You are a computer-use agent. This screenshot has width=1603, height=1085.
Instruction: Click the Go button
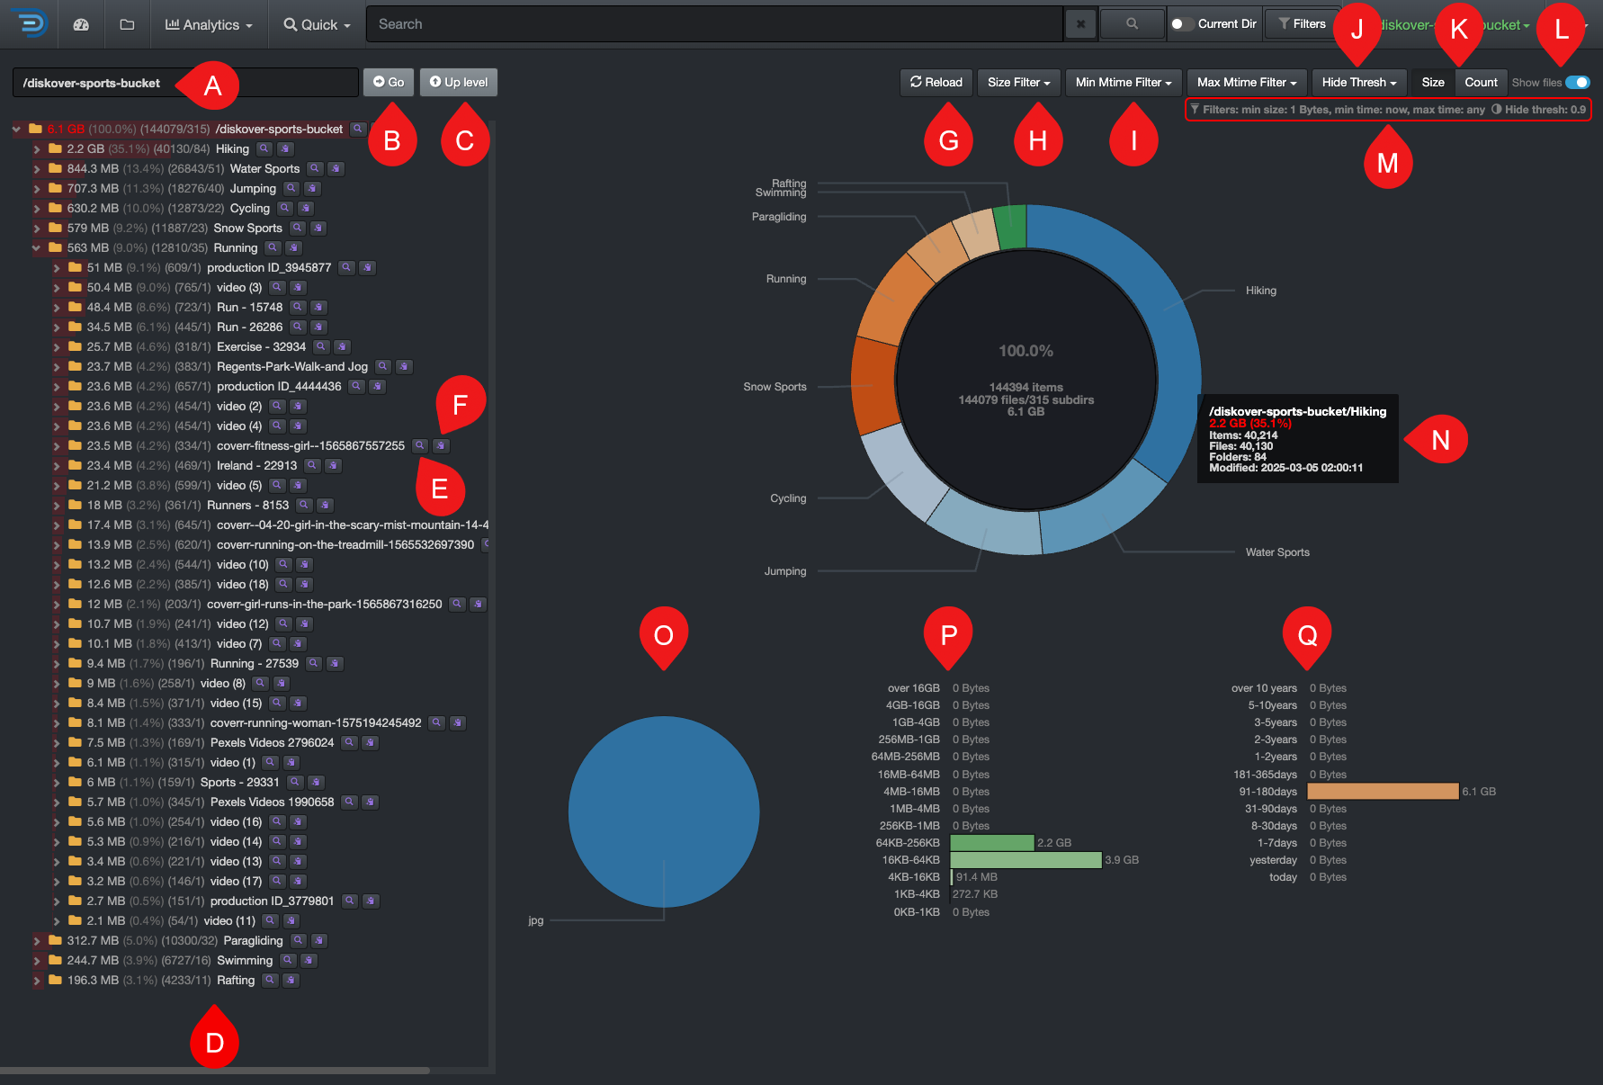[x=389, y=82]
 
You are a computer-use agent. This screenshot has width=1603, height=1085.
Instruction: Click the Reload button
[x=936, y=82]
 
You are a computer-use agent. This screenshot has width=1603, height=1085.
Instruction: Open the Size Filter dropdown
[x=1018, y=82]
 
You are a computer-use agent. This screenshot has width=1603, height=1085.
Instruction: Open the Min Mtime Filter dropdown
[x=1123, y=82]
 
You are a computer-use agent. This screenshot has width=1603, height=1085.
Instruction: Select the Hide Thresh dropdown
[x=1358, y=82]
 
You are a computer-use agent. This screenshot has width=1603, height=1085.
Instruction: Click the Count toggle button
[x=1480, y=82]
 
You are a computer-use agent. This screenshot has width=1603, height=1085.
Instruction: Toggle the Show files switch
[x=1577, y=82]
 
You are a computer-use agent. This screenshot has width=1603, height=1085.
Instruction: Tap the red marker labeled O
[x=664, y=634]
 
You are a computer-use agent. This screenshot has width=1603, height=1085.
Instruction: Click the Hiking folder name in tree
[x=232, y=148]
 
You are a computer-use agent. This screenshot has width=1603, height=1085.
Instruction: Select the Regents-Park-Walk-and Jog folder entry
[x=291, y=366]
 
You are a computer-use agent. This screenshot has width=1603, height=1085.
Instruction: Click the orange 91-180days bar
[x=1382, y=791]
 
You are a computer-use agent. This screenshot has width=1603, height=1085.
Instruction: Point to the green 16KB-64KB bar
[x=1025, y=860]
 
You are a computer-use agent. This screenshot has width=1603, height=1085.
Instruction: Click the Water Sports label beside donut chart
[x=1277, y=552]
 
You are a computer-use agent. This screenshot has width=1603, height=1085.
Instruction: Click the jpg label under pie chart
[x=536, y=920]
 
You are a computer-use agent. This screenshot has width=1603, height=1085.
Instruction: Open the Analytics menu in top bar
[x=209, y=24]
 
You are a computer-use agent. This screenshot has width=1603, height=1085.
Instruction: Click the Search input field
[x=711, y=24]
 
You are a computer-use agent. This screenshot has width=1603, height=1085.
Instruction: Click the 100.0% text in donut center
[x=1025, y=351]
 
